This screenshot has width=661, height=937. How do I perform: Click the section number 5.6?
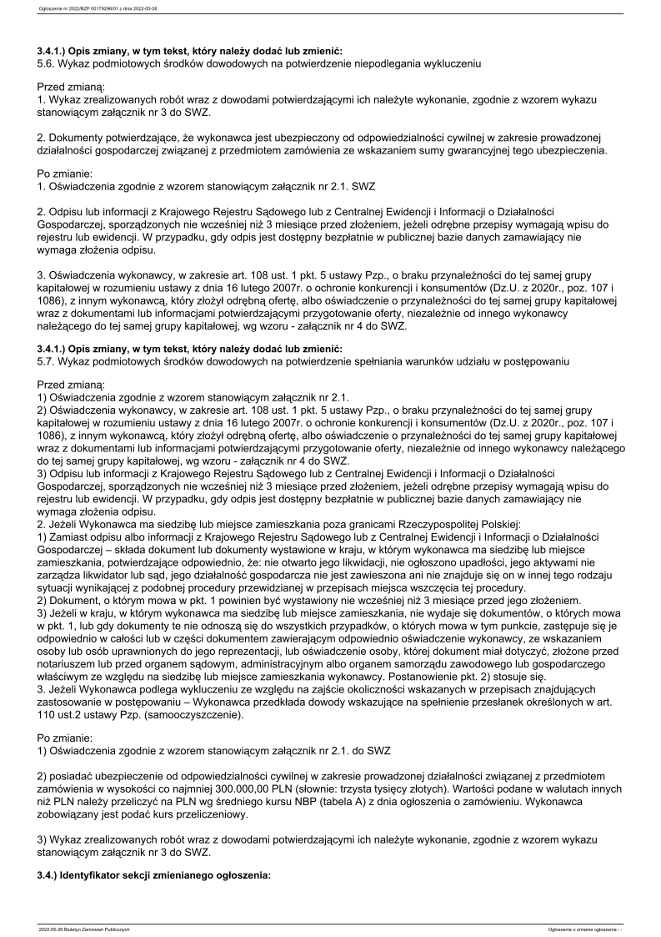click(x=47, y=63)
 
